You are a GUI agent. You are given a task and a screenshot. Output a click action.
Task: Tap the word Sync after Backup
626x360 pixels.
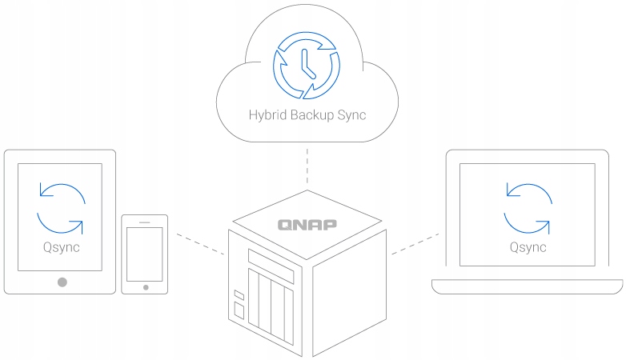(x=351, y=114)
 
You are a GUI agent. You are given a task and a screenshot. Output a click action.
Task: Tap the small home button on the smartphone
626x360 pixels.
(x=145, y=286)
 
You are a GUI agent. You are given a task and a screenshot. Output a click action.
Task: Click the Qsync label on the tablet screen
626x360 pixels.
(x=61, y=246)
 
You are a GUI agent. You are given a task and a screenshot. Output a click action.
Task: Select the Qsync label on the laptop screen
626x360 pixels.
(x=528, y=246)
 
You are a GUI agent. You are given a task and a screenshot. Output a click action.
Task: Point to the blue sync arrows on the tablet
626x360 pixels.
(x=61, y=207)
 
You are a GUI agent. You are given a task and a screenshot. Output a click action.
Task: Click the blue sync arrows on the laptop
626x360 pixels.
(x=528, y=207)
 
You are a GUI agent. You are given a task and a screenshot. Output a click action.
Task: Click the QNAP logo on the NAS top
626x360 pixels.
(x=307, y=224)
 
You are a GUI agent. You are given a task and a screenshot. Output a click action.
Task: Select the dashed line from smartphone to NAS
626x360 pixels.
(x=198, y=244)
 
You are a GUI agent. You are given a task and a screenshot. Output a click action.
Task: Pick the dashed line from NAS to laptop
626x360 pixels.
(x=415, y=244)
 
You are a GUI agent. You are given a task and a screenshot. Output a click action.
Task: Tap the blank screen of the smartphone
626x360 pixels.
(x=145, y=252)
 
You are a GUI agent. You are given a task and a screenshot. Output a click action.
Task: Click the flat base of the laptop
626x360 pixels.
(x=527, y=286)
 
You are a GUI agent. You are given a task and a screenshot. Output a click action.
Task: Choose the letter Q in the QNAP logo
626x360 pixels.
(x=284, y=225)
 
